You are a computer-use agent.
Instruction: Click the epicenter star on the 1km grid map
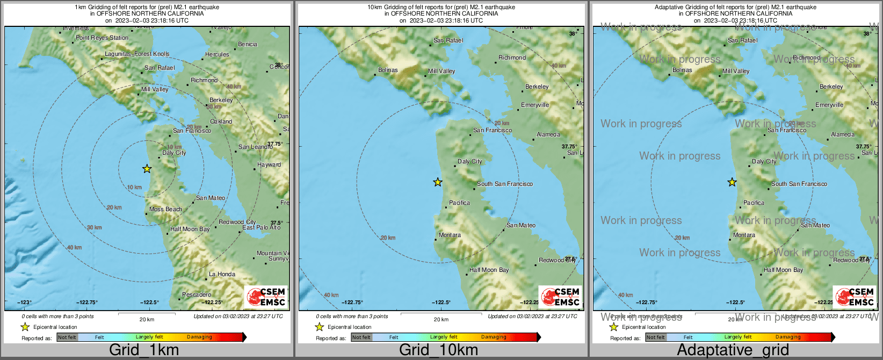click(147, 169)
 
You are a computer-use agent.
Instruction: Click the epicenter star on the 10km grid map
click(438, 182)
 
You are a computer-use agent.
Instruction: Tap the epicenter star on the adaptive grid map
click(732, 182)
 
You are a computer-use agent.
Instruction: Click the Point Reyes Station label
click(102, 38)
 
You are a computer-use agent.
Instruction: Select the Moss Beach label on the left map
click(165, 210)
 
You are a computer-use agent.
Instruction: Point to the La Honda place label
click(222, 274)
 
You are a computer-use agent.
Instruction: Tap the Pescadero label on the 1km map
click(197, 294)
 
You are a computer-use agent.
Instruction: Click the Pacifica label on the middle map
click(459, 203)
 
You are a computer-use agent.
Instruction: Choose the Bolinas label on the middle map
click(388, 70)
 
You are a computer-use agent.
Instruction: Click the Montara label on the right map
click(744, 235)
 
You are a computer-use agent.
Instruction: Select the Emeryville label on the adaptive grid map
click(829, 105)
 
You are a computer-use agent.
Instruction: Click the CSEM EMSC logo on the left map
click(265, 297)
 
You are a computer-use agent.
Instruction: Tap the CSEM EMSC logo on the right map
click(854, 297)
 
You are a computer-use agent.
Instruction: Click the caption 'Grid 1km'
click(144, 350)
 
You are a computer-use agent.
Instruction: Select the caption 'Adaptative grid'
click(733, 350)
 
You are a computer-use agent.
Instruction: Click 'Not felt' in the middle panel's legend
click(361, 337)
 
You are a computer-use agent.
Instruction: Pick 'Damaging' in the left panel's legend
click(199, 337)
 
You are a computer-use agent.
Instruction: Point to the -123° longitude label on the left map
click(25, 303)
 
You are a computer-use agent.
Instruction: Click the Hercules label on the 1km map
click(217, 55)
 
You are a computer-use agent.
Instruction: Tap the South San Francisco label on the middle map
click(505, 184)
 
